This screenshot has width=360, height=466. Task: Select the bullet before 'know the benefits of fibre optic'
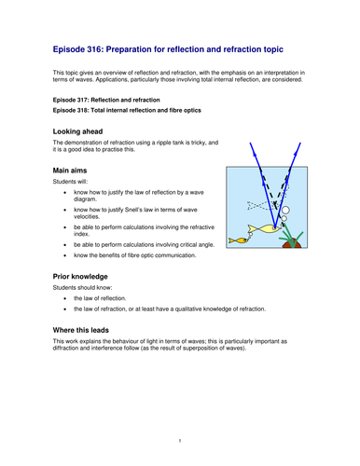[63, 253]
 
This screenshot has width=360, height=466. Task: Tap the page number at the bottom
[180, 439]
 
